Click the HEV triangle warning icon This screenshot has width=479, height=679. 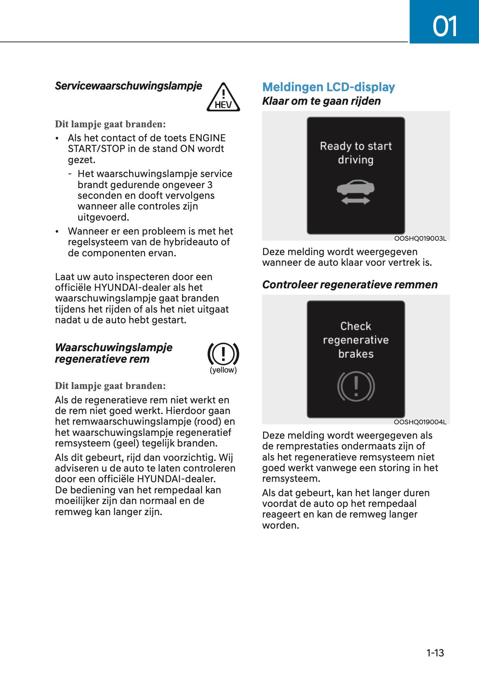click(223, 98)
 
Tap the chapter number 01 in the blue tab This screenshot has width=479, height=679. click(444, 26)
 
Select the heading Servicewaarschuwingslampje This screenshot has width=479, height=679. click(128, 86)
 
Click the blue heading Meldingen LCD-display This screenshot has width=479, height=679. click(328, 87)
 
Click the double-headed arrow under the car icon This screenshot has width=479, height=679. click(356, 200)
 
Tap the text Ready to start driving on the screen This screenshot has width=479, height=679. click(356, 153)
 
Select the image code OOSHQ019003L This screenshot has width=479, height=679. click(420, 238)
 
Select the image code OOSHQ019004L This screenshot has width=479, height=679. click(420, 422)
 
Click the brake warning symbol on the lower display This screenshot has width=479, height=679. click(356, 386)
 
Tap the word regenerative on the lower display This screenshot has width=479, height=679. click(356, 340)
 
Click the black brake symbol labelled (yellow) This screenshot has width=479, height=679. click(223, 354)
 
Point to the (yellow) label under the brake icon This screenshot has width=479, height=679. click(223, 370)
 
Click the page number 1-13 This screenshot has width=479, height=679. click(435, 653)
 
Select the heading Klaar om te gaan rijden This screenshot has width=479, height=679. click(321, 101)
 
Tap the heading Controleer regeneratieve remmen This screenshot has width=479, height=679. click(349, 285)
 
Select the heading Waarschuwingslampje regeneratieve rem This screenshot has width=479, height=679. click(113, 353)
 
